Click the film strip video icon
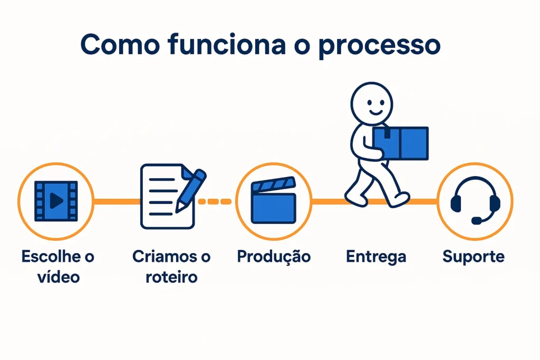click(55, 201)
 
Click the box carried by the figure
click(400, 143)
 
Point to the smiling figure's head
click(372, 103)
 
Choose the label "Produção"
click(273, 257)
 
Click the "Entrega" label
click(375, 257)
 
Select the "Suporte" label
click(473, 257)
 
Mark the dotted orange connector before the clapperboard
click(215, 201)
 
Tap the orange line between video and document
click(116, 201)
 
